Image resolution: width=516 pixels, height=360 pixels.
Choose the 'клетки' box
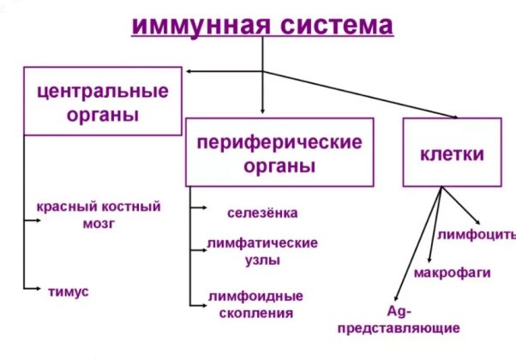451,154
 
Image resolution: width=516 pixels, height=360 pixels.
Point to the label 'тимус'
69,291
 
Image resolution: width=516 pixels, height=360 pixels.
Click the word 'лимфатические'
262,243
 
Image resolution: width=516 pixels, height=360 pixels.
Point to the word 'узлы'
262,260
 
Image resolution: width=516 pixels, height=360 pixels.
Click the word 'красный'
65,207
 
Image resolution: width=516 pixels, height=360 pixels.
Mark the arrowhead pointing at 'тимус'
35,291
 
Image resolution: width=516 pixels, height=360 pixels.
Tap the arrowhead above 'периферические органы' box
263,112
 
